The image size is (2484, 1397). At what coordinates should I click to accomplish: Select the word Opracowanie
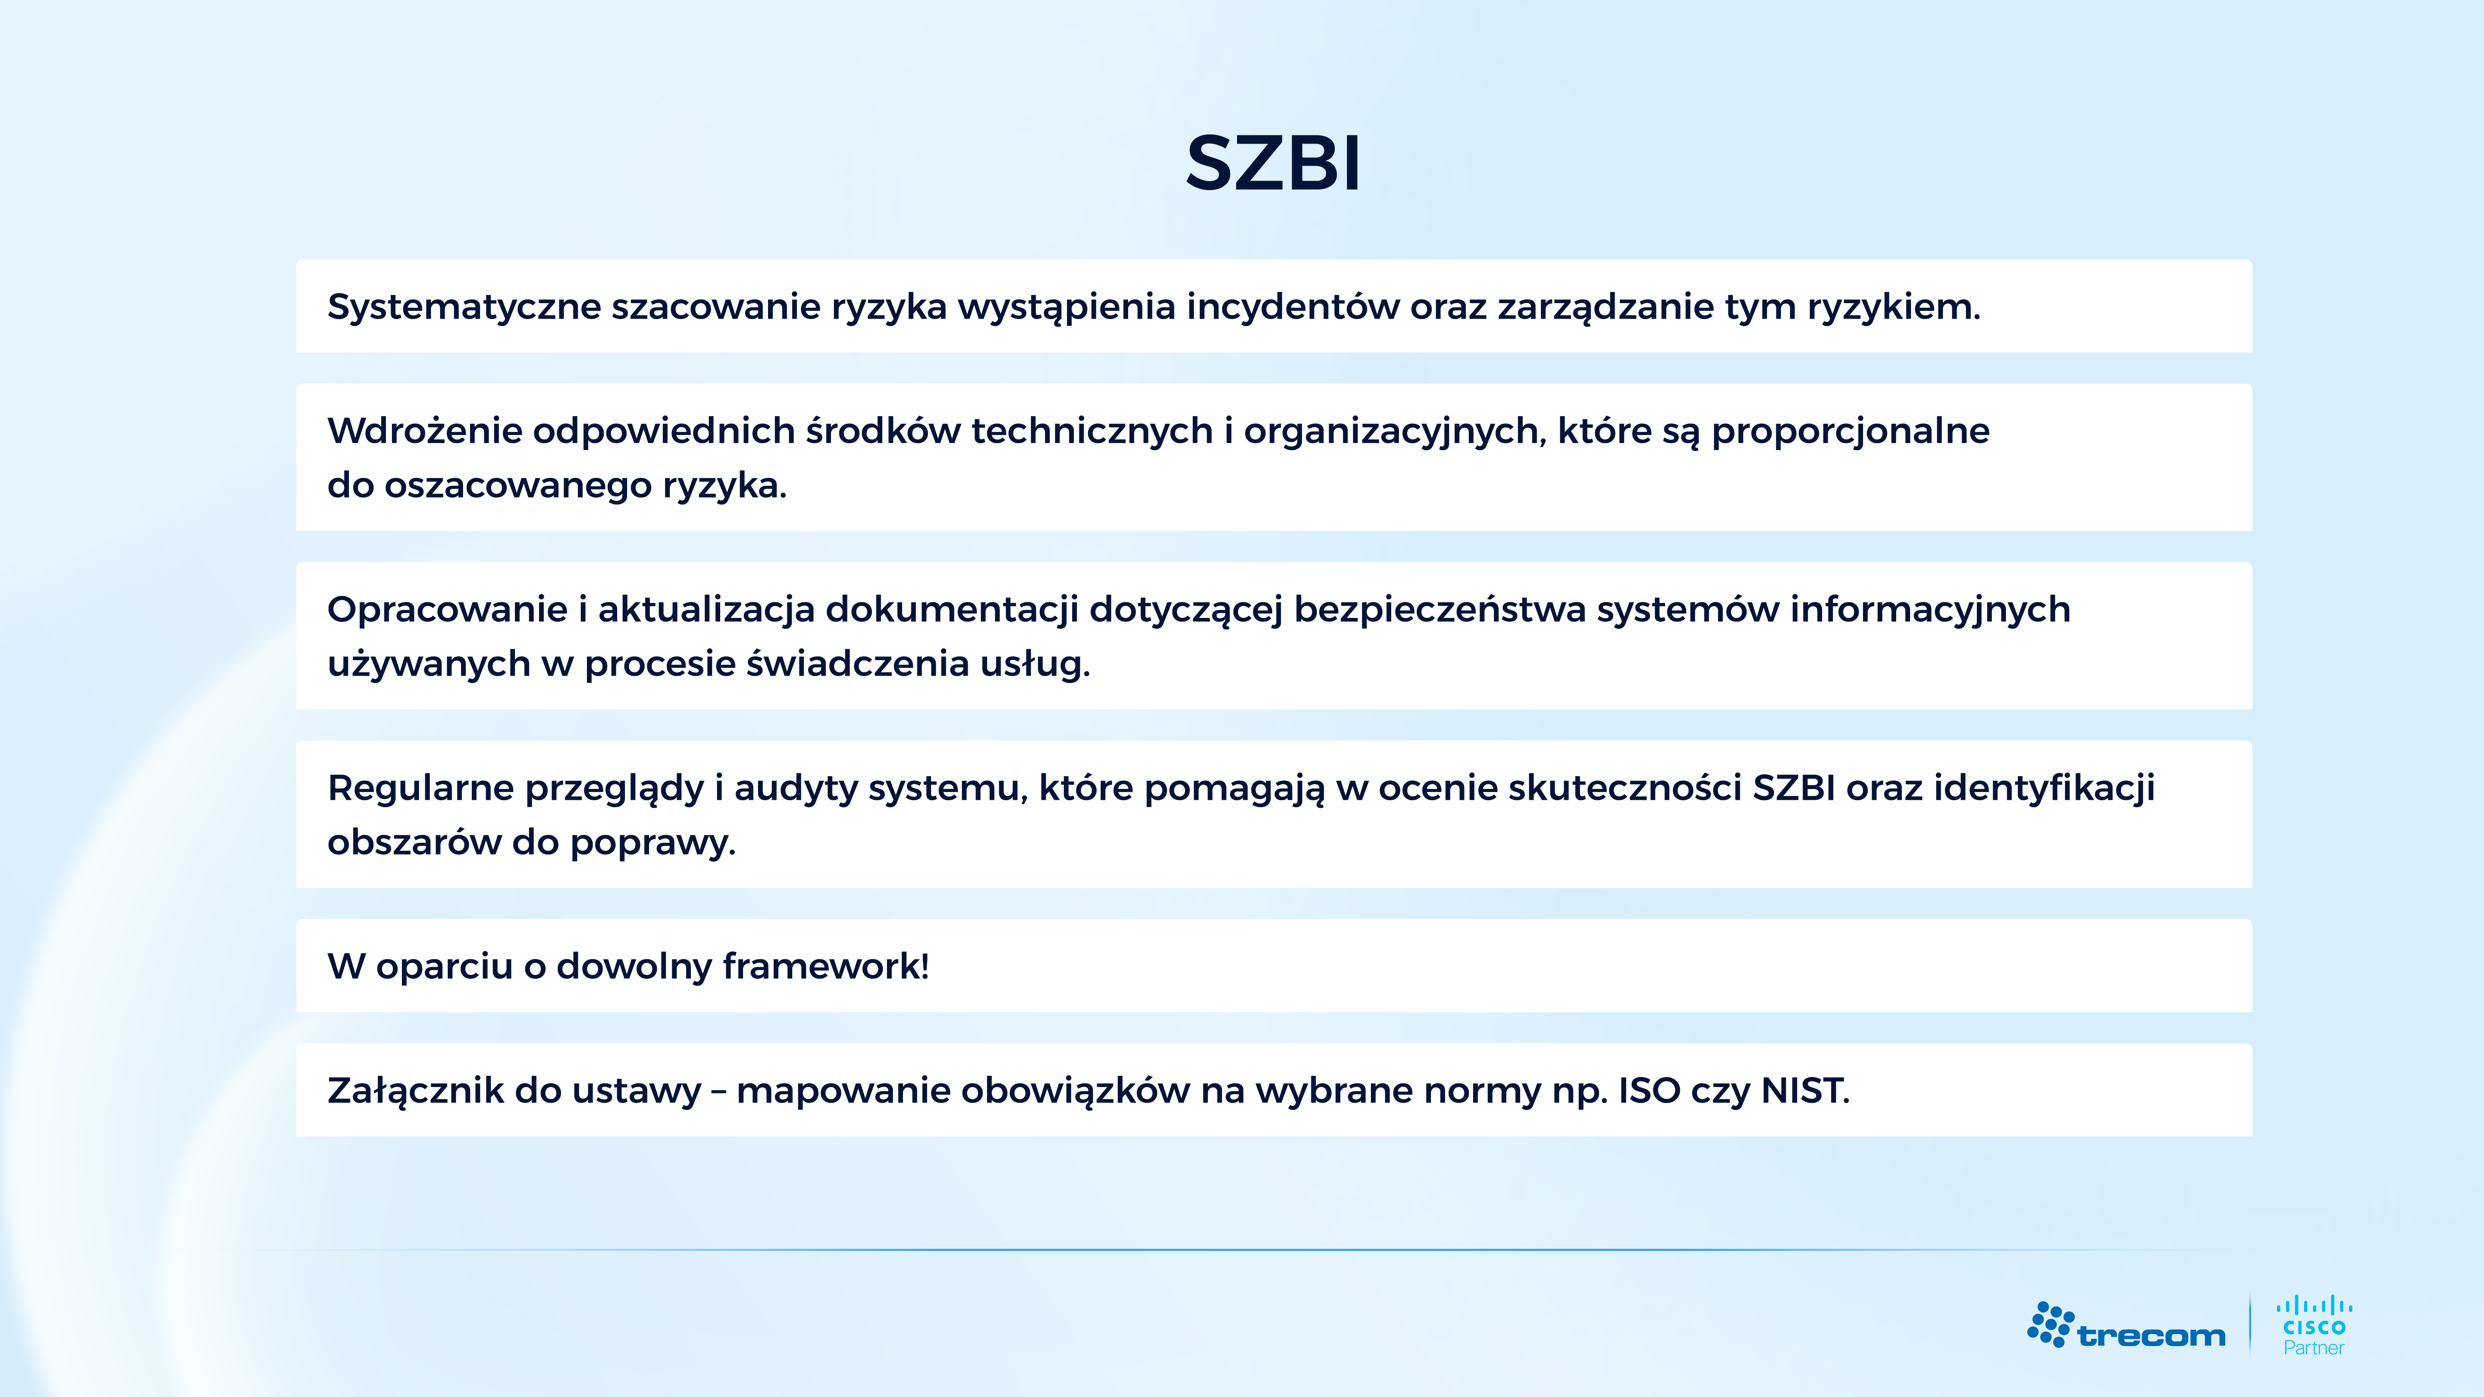coord(446,609)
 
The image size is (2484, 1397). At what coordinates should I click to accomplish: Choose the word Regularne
coord(420,788)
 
